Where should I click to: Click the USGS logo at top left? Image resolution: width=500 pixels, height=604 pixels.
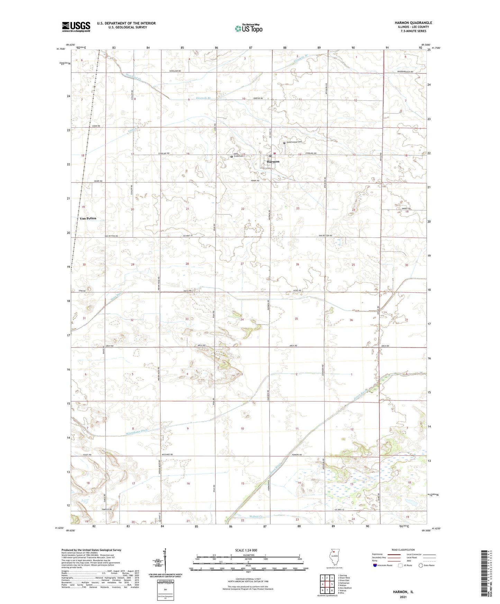pos(76,27)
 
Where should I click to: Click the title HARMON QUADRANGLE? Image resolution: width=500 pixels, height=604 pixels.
pos(413,23)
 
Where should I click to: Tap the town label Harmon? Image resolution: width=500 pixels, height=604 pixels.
pos(273,162)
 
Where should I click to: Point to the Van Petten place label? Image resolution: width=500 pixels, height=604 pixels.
pos(88,218)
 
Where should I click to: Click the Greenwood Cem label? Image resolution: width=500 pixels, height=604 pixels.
pos(294,142)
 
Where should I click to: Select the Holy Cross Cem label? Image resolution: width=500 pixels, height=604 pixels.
pos(238,155)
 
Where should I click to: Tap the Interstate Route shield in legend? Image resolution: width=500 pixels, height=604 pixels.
pos(375,565)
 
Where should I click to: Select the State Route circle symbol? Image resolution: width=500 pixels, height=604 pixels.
pos(421,565)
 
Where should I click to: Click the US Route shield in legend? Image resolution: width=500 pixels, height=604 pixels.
pos(400,565)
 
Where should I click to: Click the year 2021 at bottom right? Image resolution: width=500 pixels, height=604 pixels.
pos(403,597)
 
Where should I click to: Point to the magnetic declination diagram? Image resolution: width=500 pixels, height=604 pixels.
pos(165,561)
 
